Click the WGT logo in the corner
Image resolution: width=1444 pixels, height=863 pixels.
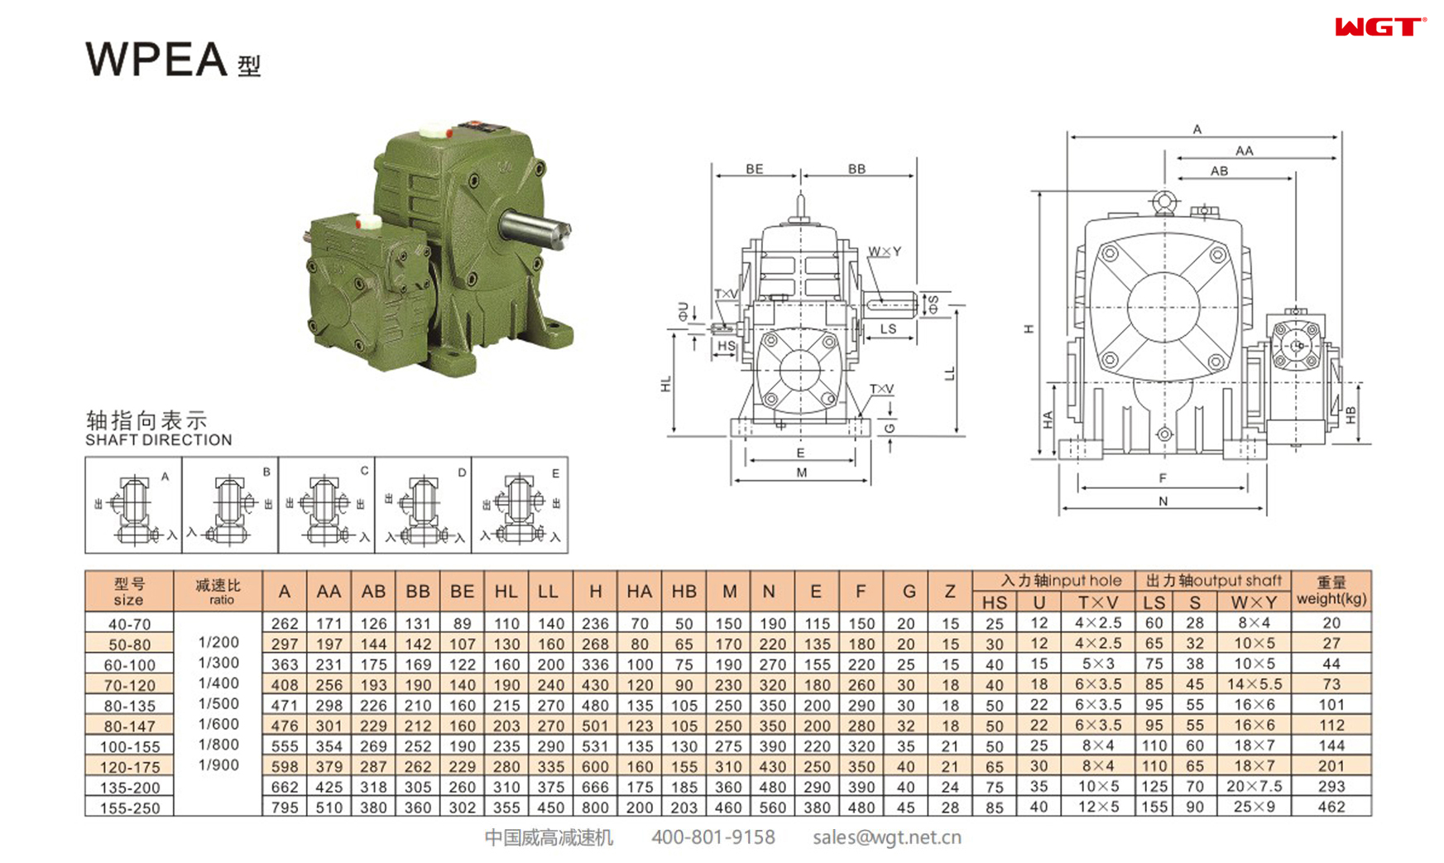point(1379,27)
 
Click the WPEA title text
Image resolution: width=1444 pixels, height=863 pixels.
point(157,60)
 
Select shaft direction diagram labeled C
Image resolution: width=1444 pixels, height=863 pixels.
point(326,505)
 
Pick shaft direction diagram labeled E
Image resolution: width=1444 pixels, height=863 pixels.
point(520,505)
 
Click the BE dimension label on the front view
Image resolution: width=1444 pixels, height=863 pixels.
point(754,169)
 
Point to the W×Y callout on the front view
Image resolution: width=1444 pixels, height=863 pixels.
point(885,252)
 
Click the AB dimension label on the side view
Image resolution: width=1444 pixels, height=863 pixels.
point(1219,171)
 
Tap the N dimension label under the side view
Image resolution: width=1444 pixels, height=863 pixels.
point(1163,501)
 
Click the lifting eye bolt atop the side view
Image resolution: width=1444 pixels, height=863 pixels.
point(1164,202)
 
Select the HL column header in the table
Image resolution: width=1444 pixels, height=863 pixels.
point(506,592)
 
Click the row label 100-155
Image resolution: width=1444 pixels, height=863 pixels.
point(130,746)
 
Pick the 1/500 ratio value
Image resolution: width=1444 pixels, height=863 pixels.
point(218,704)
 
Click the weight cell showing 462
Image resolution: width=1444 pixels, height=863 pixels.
point(1331,807)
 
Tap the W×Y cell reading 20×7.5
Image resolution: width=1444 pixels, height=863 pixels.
point(1254,786)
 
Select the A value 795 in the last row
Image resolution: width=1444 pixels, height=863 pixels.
point(285,807)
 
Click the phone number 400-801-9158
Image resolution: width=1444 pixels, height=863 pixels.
point(712,837)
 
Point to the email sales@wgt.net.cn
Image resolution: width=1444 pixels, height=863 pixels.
point(886,837)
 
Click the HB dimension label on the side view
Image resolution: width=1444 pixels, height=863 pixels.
point(1350,415)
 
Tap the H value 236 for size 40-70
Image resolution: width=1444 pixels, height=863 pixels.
point(595,624)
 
